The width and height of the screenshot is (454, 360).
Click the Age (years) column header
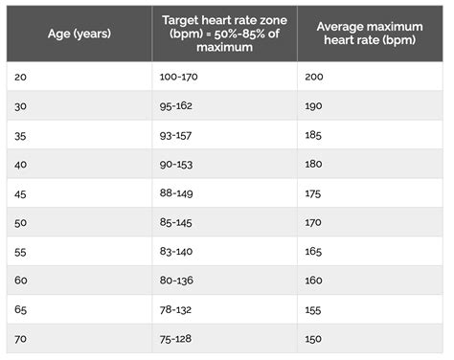[79, 33]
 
